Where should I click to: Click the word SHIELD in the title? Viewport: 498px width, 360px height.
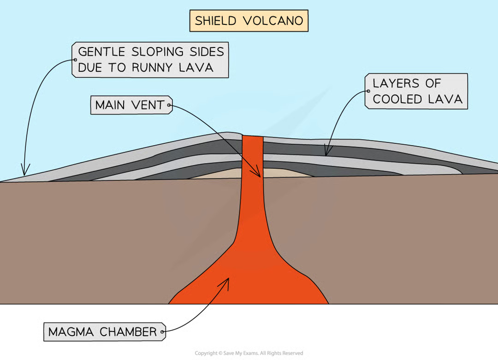point(215,21)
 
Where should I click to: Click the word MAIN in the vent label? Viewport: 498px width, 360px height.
point(111,105)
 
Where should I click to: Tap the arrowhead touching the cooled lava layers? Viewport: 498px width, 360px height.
point(326,152)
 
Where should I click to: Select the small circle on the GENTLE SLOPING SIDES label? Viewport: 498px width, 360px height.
point(75,59)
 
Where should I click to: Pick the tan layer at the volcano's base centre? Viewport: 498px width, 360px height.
point(217,174)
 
